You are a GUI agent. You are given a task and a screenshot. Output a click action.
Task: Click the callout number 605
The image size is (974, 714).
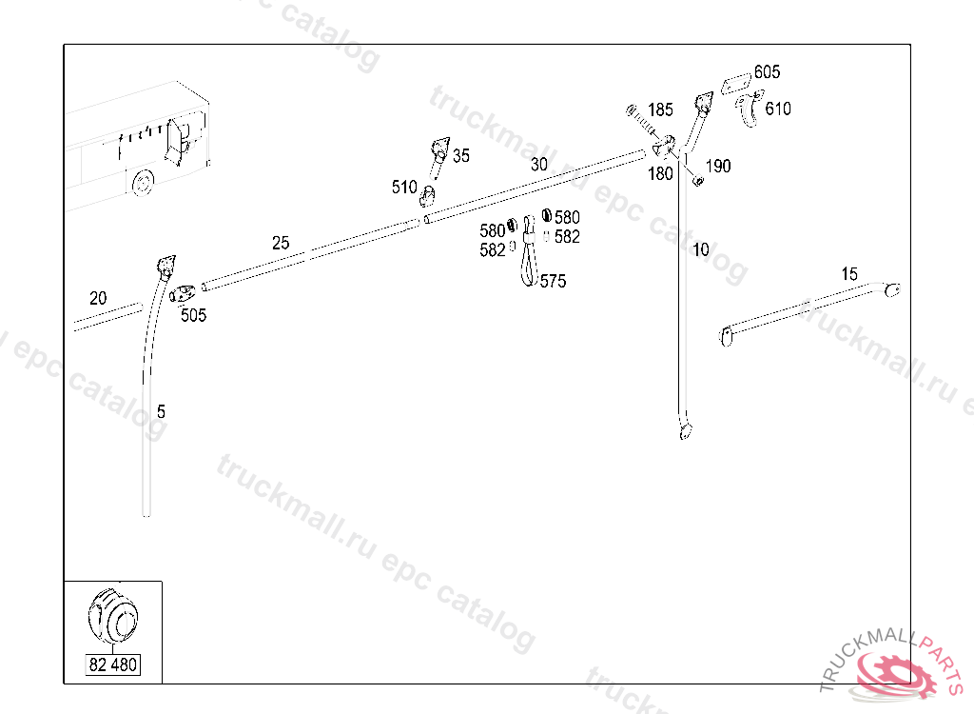767,72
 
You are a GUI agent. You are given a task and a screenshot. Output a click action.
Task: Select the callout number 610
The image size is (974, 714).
778,109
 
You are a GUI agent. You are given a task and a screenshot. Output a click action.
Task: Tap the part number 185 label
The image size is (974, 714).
660,110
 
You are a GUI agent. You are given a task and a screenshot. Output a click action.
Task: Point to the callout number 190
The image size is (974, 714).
718,166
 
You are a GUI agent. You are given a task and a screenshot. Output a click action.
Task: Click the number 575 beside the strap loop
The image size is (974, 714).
553,281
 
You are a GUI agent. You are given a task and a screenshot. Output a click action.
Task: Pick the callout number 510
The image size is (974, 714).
404,187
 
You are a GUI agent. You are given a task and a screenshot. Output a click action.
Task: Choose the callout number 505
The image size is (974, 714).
193,315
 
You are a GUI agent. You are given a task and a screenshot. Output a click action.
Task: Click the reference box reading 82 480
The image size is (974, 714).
112,664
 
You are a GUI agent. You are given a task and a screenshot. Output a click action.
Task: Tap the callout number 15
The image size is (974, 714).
849,273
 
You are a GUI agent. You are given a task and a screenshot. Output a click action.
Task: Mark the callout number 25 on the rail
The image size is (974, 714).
281,243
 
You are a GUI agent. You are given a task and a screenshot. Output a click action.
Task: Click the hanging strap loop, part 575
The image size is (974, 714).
528,251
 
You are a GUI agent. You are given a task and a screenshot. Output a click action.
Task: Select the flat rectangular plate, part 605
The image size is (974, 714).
736,84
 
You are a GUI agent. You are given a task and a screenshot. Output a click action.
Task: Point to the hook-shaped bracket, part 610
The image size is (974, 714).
750,109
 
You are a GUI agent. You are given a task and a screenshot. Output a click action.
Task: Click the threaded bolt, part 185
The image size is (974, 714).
642,121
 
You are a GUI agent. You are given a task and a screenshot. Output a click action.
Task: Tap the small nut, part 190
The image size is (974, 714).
698,180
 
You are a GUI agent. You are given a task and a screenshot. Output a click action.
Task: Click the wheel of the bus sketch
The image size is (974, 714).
143,183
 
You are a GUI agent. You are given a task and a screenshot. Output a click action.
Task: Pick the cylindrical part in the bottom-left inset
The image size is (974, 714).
113,616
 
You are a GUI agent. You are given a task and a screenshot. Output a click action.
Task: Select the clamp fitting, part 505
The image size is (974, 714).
183,293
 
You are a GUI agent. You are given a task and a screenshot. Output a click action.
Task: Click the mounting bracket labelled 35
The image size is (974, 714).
439,156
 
